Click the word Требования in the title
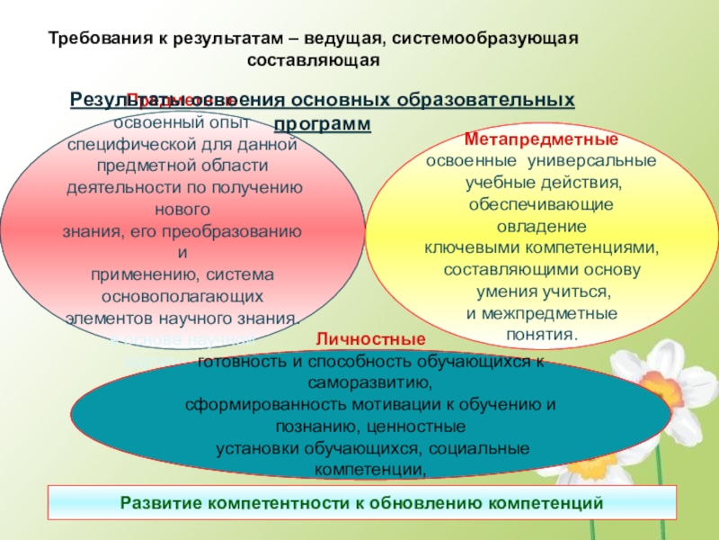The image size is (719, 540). pos(93,40)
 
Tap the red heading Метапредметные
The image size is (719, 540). pos(540,141)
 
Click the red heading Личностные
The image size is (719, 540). pos(370,341)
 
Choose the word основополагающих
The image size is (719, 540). pos(183,295)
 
